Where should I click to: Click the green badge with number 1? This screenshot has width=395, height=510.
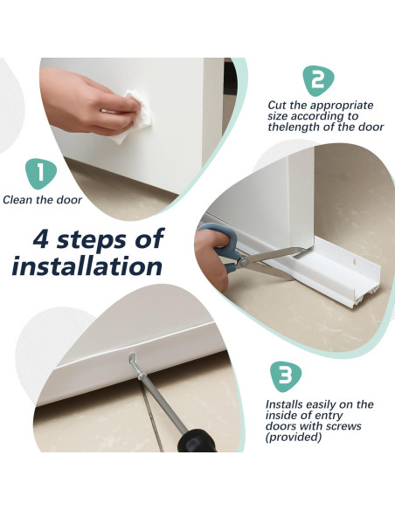(41, 174)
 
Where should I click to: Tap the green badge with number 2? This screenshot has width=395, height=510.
(318, 80)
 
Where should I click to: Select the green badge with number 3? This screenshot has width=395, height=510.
(287, 376)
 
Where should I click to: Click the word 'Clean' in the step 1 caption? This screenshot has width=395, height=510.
(17, 200)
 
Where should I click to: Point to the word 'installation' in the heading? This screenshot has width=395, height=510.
(87, 266)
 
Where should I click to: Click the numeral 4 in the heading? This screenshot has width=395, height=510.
(41, 239)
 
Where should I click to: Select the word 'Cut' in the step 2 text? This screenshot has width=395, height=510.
(276, 106)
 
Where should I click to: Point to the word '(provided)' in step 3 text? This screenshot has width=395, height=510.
(294, 438)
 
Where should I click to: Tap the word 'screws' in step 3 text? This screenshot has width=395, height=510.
(341, 426)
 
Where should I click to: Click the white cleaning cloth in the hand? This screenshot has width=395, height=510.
(134, 117)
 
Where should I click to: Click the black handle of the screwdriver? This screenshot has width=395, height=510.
(197, 441)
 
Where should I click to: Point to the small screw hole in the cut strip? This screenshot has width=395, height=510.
(355, 261)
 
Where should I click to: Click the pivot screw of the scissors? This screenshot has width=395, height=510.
(243, 260)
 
